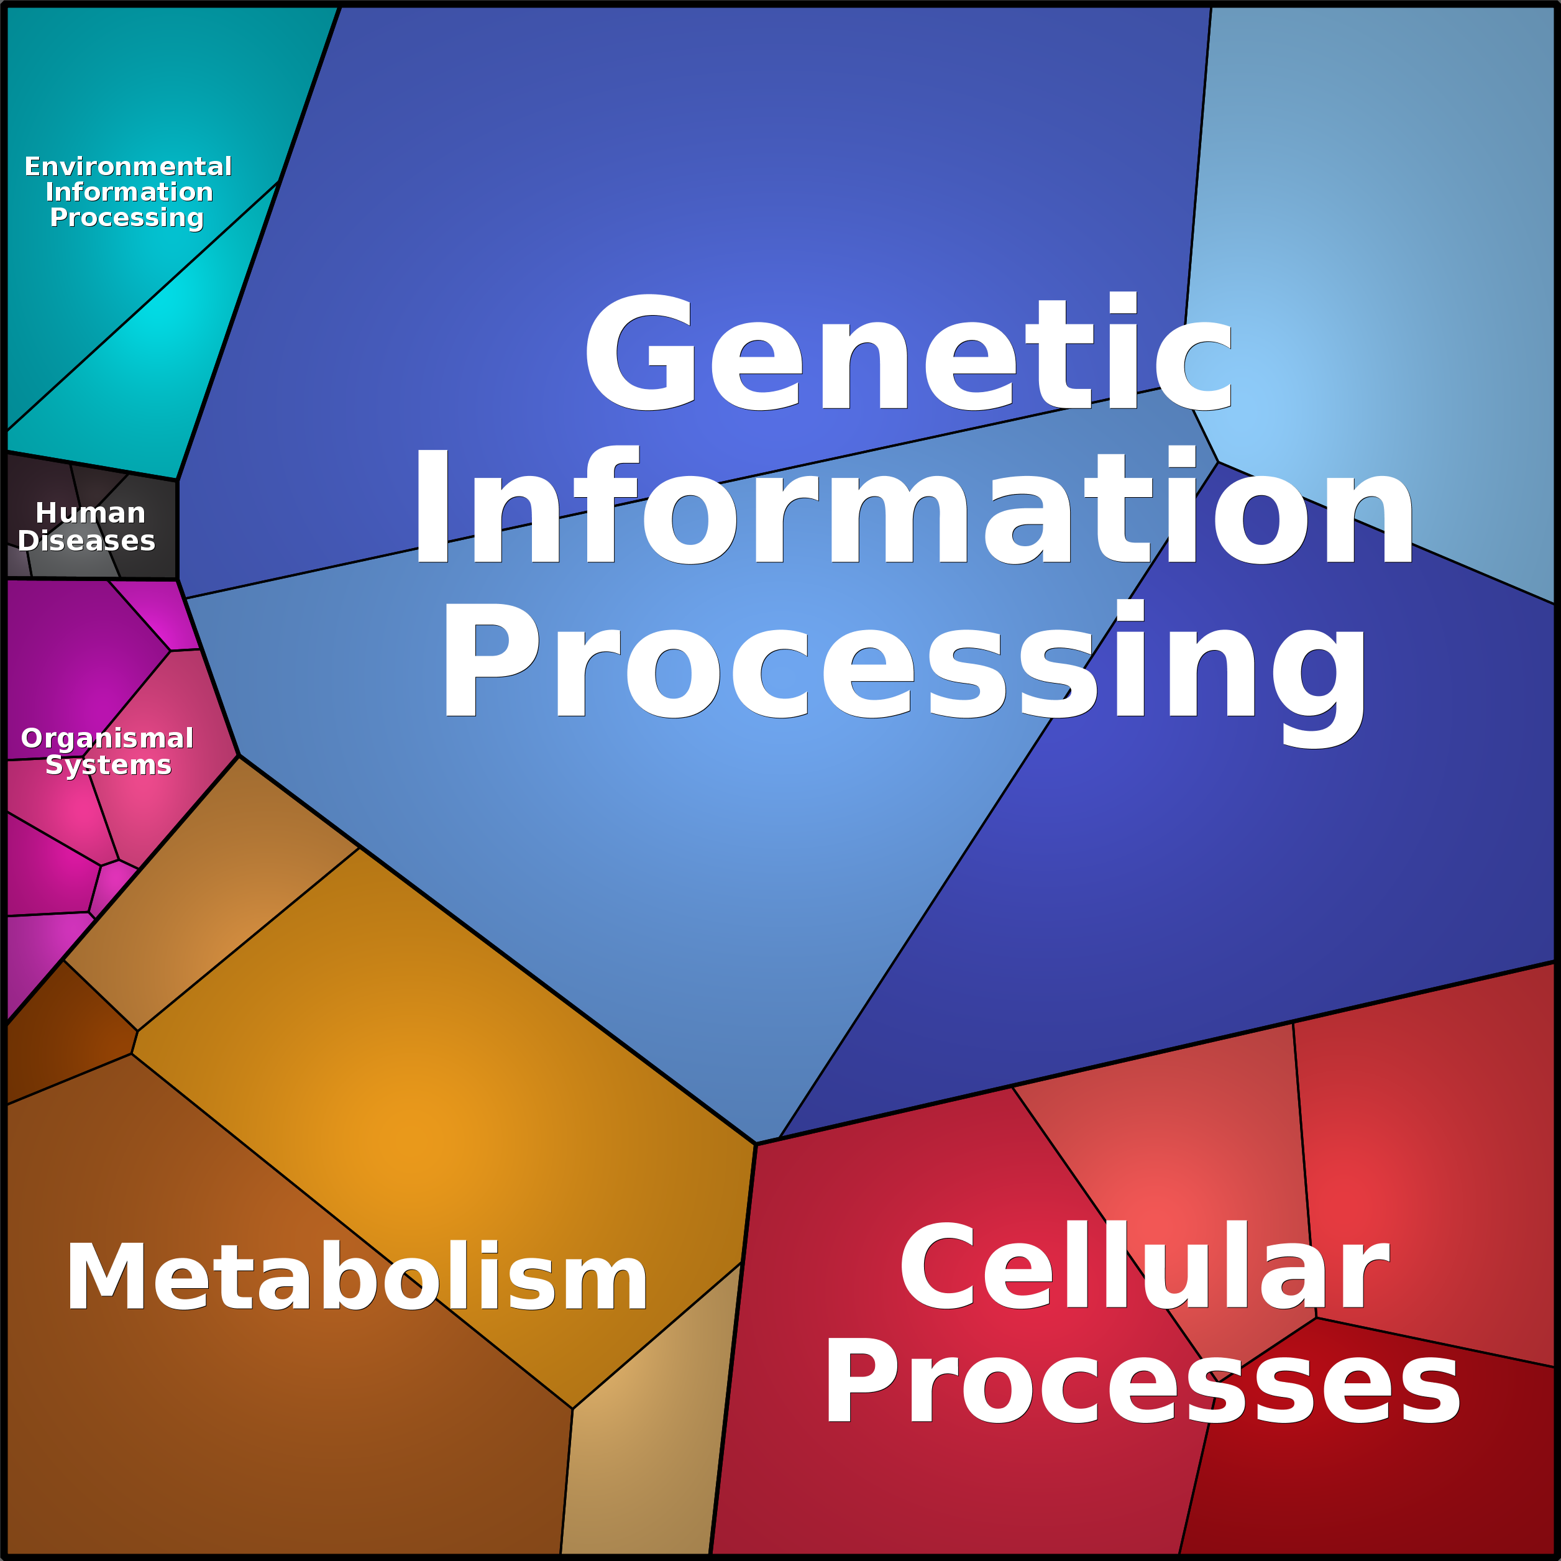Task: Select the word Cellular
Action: (x=1144, y=1267)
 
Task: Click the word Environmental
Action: (x=127, y=167)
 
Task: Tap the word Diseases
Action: (x=86, y=541)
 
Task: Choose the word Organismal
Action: (x=107, y=738)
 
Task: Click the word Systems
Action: (x=108, y=764)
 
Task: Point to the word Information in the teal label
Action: (x=129, y=192)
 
